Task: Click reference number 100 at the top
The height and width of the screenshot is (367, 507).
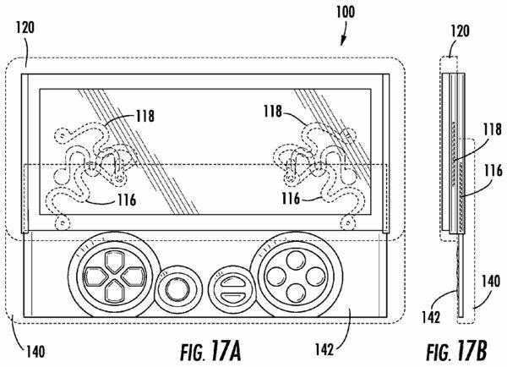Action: (x=346, y=12)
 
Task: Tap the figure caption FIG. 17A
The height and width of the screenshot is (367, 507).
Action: (x=210, y=351)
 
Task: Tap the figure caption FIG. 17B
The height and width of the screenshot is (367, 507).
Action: (x=456, y=351)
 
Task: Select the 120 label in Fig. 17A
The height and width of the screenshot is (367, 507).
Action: (x=25, y=27)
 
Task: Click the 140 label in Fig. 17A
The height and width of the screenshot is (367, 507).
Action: (x=35, y=352)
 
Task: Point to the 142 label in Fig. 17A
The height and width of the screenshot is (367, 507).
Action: (x=324, y=349)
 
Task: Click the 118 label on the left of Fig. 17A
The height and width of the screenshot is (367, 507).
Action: (x=145, y=116)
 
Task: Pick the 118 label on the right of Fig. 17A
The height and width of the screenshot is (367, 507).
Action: (x=273, y=112)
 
